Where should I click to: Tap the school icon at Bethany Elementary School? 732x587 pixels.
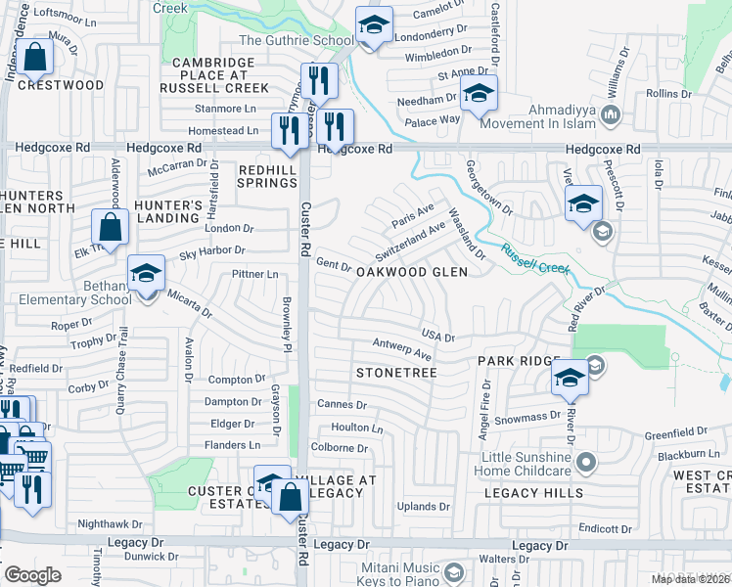point(146,273)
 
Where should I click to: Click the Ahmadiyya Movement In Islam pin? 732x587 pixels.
point(611,115)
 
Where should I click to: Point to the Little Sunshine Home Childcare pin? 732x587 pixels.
point(586,461)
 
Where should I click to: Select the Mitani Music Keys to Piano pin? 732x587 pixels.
point(453,571)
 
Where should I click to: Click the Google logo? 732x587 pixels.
point(32,575)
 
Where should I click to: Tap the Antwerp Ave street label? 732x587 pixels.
point(402,347)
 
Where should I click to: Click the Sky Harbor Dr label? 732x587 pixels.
point(209,253)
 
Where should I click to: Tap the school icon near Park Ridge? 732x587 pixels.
point(570,379)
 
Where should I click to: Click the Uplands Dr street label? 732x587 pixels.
point(424,506)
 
